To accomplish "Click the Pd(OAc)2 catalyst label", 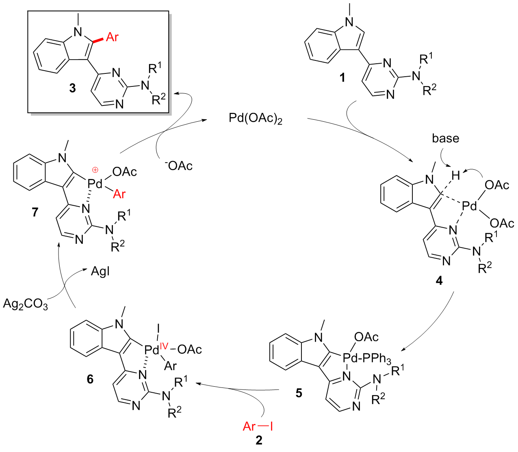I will (255, 119).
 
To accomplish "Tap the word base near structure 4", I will (445, 138).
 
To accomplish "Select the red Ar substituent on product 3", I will (112, 37).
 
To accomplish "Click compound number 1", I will (342, 77).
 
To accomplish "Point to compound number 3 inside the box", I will (72, 88).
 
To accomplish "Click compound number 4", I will (439, 280).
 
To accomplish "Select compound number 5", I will (299, 393).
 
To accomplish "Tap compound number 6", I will (90, 379).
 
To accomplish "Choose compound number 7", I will (35, 212).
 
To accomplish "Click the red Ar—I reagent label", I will (258, 426).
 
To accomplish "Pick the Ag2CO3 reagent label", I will (25, 304).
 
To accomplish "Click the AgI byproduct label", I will (100, 271).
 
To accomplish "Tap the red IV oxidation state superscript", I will (164, 346).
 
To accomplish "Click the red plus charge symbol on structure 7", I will (95, 170).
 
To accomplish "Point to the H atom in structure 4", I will (455, 175).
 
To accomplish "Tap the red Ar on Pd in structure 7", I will (119, 194).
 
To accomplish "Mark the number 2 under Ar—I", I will (259, 440).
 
